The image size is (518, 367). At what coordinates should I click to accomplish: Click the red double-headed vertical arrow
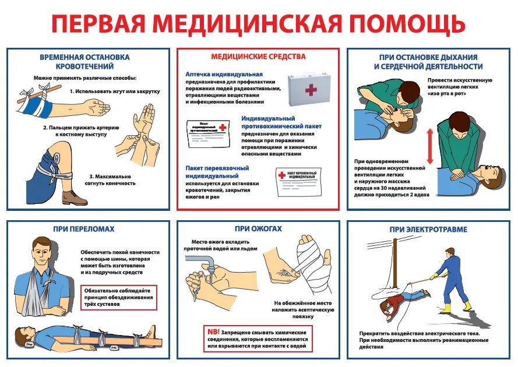click(x=431, y=146)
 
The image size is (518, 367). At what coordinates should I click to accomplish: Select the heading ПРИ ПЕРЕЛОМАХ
click(x=83, y=229)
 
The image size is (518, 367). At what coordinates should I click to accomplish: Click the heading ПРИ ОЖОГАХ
click(x=258, y=229)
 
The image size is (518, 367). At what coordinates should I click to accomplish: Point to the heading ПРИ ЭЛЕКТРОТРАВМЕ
click(x=428, y=230)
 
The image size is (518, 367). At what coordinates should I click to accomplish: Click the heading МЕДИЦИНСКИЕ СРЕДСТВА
click(x=258, y=57)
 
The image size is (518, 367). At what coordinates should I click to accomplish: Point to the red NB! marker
click(x=213, y=331)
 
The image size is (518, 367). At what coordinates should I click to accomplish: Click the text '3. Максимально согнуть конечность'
click(x=111, y=179)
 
